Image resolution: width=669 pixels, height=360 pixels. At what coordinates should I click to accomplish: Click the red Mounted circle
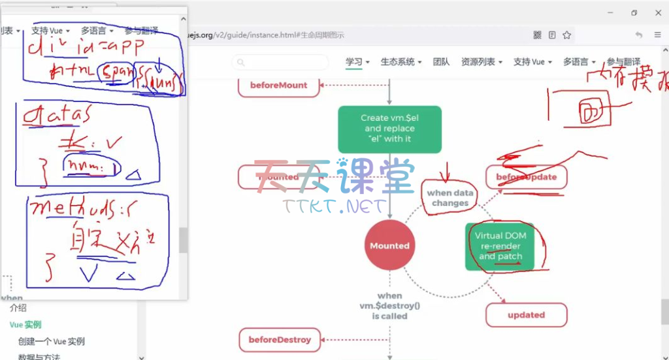pos(389,246)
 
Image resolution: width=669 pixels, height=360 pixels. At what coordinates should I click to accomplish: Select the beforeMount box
pos(278,85)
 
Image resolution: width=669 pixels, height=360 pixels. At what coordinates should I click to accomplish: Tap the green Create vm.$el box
pos(389,129)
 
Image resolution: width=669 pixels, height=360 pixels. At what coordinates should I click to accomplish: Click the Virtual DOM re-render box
pos(500,246)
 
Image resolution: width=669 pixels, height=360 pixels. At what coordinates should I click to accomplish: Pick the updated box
pos(526,315)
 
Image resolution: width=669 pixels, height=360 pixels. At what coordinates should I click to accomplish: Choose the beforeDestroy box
pos(279,340)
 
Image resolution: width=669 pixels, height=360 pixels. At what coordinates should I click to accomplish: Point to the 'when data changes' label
pos(449,197)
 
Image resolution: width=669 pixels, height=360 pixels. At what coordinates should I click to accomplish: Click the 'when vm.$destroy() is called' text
pos(389,306)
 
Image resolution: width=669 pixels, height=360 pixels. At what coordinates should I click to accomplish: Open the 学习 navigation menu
pos(357,62)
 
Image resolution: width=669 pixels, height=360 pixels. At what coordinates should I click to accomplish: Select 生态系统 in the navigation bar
pos(400,62)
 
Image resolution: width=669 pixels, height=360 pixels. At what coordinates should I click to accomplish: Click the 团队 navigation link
pos(441,62)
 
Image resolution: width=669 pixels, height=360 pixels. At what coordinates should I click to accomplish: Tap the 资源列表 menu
pos(481,62)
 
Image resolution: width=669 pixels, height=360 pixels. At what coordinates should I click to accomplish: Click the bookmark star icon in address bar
pos(566,35)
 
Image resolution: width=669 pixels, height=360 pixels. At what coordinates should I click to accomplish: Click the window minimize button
pos(610,12)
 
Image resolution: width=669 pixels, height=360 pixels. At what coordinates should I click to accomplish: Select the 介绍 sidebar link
pos(18,308)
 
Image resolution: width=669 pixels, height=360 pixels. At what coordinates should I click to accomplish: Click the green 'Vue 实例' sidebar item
pos(25,325)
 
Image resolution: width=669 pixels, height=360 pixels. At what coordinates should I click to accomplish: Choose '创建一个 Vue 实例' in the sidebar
pos(52,341)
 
